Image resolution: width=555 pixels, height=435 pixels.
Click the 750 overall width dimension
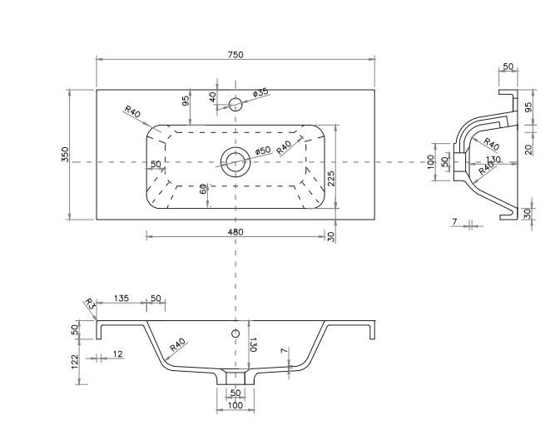235,55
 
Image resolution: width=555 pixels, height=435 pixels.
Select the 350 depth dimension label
66,155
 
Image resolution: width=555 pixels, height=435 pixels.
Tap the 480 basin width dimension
235,232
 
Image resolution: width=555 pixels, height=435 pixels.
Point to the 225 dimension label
330,179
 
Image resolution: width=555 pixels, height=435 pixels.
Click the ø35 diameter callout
261,92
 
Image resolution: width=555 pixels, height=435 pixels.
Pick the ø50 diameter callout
263,151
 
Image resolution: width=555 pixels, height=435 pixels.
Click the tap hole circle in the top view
235,105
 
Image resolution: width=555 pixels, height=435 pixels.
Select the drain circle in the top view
235,161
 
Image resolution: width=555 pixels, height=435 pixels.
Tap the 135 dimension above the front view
121,299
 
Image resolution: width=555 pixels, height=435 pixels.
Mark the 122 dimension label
74,362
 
